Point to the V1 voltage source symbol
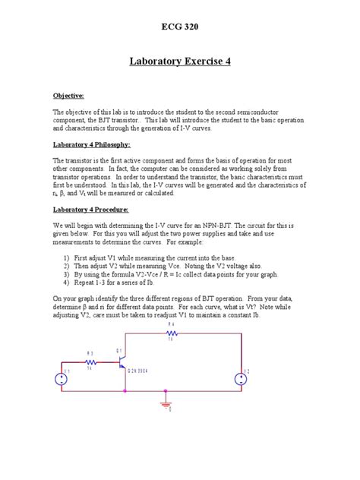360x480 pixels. (62, 378)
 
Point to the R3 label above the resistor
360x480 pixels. (90, 353)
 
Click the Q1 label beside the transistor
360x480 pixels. (119, 350)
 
